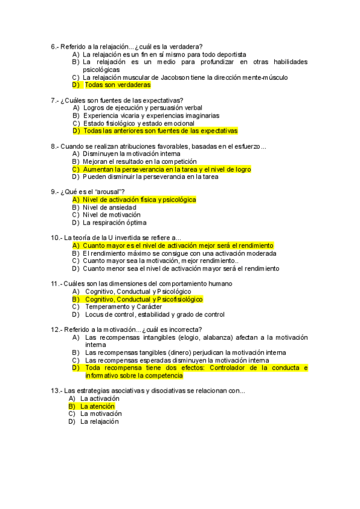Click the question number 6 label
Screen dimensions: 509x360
(x=55, y=47)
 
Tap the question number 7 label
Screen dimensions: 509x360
(x=55, y=100)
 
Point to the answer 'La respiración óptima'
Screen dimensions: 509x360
(x=115, y=223)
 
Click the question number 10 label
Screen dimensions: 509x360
(x=56, y=238)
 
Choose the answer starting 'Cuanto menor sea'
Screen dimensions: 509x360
(x=181, y=268)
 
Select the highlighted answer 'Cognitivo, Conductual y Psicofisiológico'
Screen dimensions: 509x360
(x=144, y=299)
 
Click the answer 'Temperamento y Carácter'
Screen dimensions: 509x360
(x=123, y=307)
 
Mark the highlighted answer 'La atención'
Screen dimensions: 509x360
(x=97, y=406)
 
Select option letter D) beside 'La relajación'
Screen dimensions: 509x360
(x=72, y=421)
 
